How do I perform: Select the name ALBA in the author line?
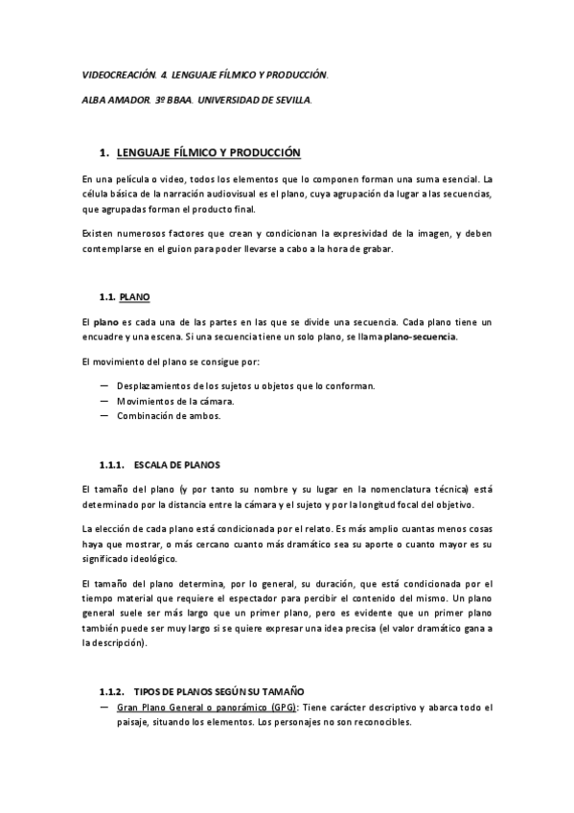click(95, 100)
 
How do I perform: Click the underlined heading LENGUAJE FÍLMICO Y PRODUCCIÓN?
click(208, 152)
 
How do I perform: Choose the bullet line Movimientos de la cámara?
click(175, 400)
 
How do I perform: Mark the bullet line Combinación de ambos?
click(168, 415)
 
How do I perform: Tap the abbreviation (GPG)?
click(282, 708)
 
